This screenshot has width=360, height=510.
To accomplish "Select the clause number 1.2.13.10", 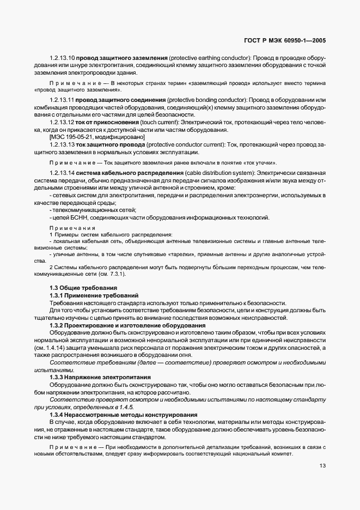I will (62, 58).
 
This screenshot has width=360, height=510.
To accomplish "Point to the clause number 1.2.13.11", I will (62, 100).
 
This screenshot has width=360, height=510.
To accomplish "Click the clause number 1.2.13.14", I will (62, 173).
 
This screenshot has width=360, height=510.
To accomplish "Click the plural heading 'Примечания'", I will (72, 228).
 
